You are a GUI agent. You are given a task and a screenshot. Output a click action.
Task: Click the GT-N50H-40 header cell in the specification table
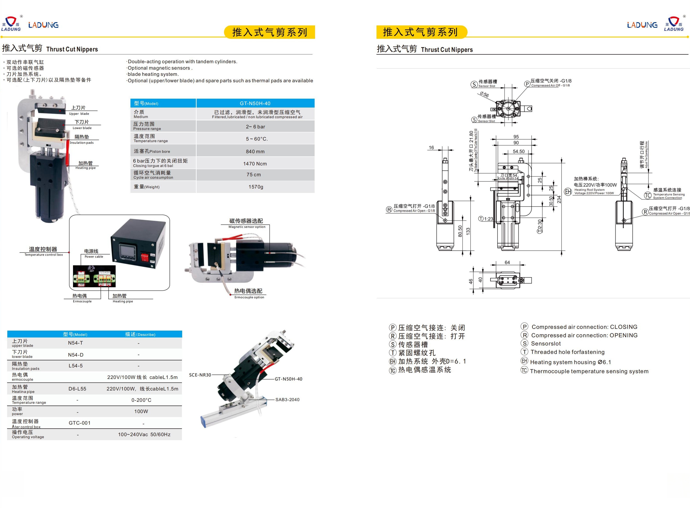(x=255, y=103)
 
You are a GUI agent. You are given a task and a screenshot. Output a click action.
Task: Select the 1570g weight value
(x=256, y=187)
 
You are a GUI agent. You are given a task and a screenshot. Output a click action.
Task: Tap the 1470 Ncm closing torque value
(x=255, y=164)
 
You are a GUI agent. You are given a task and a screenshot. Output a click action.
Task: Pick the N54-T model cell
(x=75, y=343)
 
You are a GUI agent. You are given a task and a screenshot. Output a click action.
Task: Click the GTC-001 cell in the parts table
(x=79, y=423)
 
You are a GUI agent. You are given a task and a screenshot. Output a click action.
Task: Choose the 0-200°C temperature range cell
(x=141, y=400)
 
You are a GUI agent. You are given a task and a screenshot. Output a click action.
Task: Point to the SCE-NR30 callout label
(x=200, y=375)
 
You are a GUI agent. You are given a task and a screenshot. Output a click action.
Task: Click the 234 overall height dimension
(x=559, y=200)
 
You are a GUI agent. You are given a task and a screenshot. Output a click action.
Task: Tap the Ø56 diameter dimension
(x=484, y=95)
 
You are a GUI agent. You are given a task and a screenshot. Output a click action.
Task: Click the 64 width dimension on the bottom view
(x=507, y=263)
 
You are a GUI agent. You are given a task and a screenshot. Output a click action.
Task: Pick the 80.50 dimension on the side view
(x=460, y=231)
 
